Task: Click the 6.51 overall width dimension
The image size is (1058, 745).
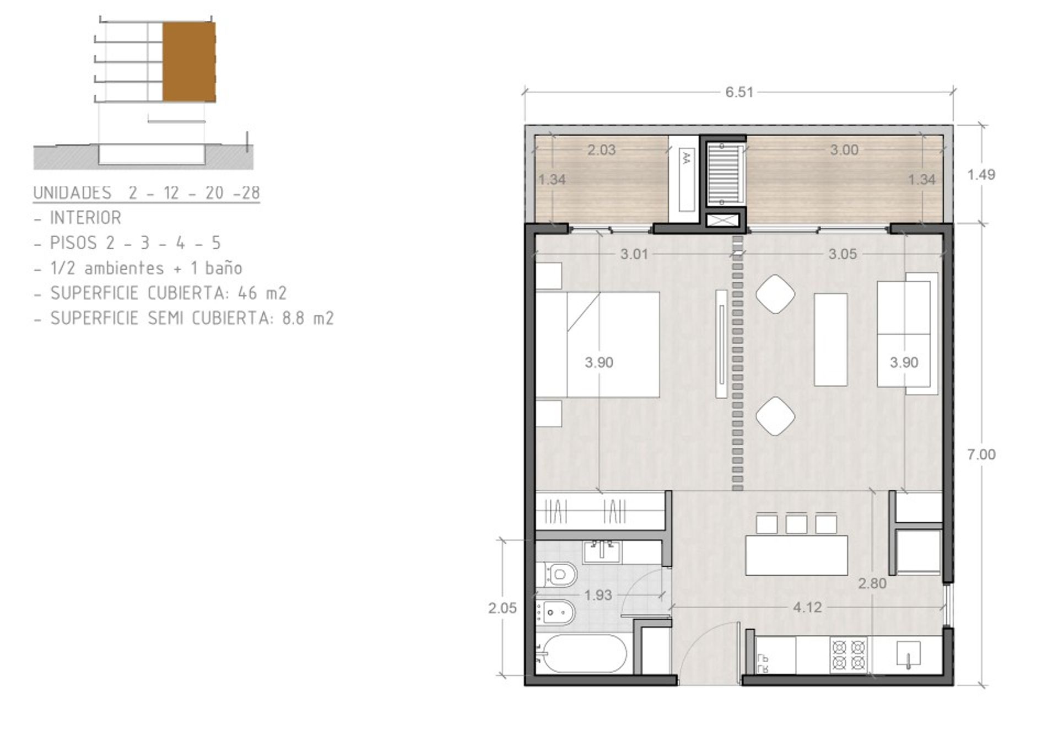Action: click(x=739, y=92)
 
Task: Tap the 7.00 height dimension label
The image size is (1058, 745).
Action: click(x=981, y=454)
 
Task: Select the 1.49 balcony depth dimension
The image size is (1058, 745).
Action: click(x=981, y=175)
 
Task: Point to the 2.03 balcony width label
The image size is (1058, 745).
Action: click(x=601, y=150)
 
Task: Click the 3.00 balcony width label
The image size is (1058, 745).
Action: click(x=844, y=150)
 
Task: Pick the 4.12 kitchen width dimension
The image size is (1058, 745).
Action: click(x=807, y=608)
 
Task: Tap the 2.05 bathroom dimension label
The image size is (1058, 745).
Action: click(x=502, y=608)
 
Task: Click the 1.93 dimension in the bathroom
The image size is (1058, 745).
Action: click(x=598, y=596)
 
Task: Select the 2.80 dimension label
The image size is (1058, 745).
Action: click(x=872, y=583)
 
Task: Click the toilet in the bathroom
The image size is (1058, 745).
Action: click(x=556, y=575)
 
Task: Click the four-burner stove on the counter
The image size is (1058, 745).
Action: click(x=849, y=655)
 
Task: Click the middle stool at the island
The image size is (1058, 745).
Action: click(x=796, y=524)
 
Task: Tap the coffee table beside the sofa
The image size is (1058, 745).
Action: click(x=831, y=340)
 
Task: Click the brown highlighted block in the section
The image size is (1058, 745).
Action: click(x=189, y=62)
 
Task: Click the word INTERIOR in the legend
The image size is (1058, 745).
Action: click(x=85, y=218)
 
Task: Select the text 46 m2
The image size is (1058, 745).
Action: click(x=262, y=293)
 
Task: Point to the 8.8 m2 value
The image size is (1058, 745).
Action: click(x=308, y=318)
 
